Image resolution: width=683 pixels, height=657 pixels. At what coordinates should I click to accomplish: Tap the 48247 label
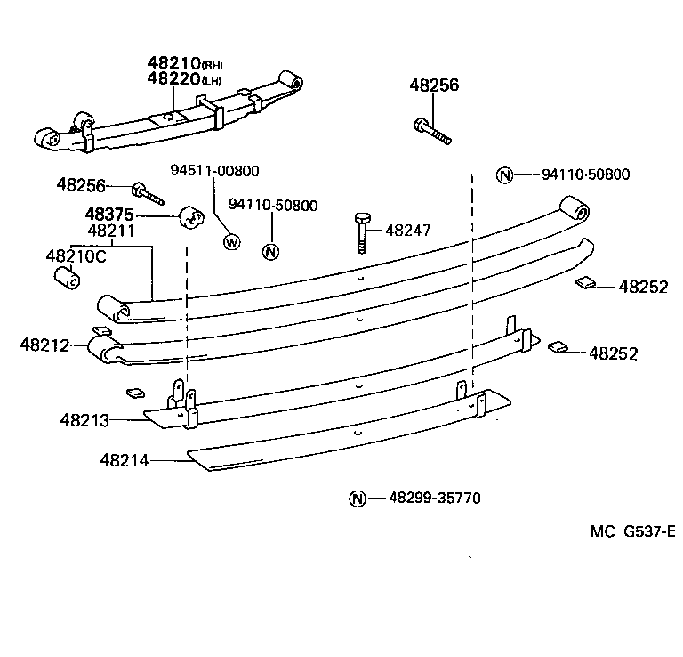click(x=407, y=230)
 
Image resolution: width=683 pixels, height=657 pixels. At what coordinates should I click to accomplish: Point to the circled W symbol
click(x=231, y=240)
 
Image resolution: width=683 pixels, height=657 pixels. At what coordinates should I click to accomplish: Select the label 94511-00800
click(x=215, y=170)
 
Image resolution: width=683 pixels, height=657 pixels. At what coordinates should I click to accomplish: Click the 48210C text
click(x=76, y=255)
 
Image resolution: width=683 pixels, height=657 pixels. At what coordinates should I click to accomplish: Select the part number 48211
click(x=110, y=230)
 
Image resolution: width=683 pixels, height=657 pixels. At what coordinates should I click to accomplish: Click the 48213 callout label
click(x=84, y=418)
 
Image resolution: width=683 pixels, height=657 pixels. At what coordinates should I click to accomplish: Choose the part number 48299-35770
click(x=434, y=499)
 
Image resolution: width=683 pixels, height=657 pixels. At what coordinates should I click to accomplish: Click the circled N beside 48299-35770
click(x=357, y=499)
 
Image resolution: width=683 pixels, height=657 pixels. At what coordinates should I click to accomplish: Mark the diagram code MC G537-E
click(x=631, y=531)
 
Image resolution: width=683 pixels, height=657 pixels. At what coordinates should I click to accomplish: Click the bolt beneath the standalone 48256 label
click(x=431, y=131)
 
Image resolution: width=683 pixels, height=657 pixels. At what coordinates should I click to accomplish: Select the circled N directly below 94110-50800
click(x=271, y=251)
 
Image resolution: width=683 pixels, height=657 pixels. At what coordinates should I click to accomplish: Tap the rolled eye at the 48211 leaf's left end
click(x=114, y=306)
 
